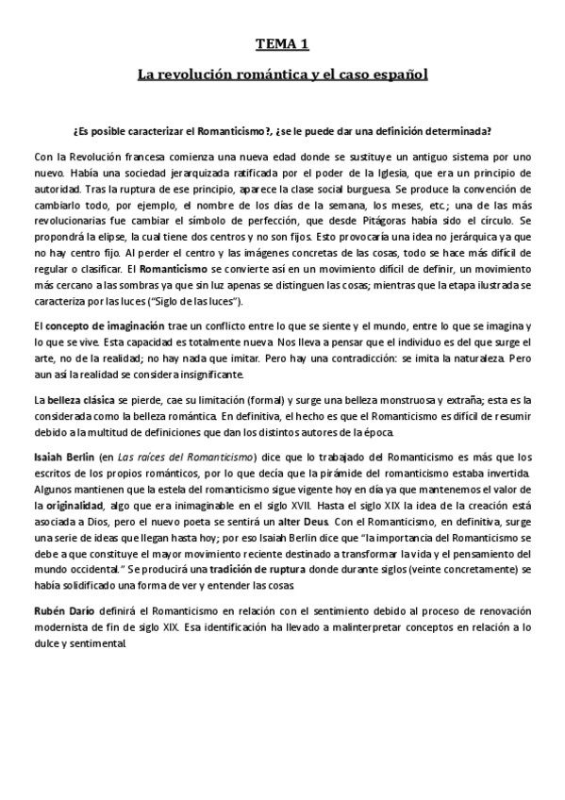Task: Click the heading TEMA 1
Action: pos(282,43)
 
